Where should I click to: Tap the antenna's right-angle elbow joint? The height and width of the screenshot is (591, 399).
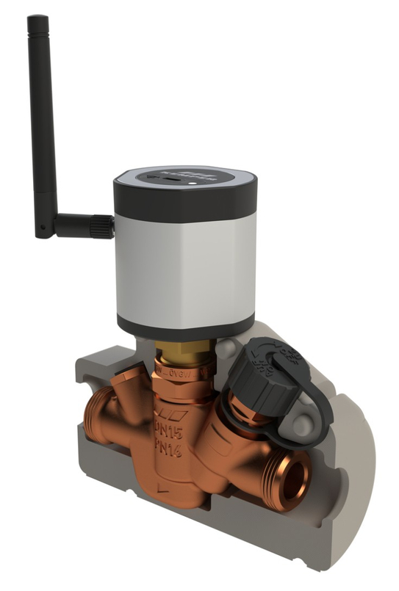pyautogui.click(x=46, y=225)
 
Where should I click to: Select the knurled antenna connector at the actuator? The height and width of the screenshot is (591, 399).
pyautogui.click(x=102, y=226)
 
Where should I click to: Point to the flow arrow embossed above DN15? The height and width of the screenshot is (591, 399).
pyautogui.click(x=173, y=413)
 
